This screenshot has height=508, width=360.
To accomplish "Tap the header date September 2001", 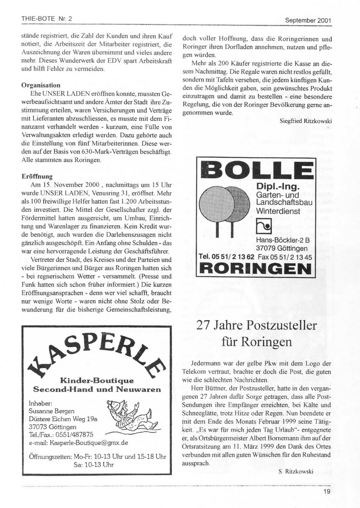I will click(x=308, y=20).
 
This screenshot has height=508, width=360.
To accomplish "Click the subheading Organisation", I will click(x=41, y=85).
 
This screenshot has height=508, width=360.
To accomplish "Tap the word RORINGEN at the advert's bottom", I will click(x=255, y=269).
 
